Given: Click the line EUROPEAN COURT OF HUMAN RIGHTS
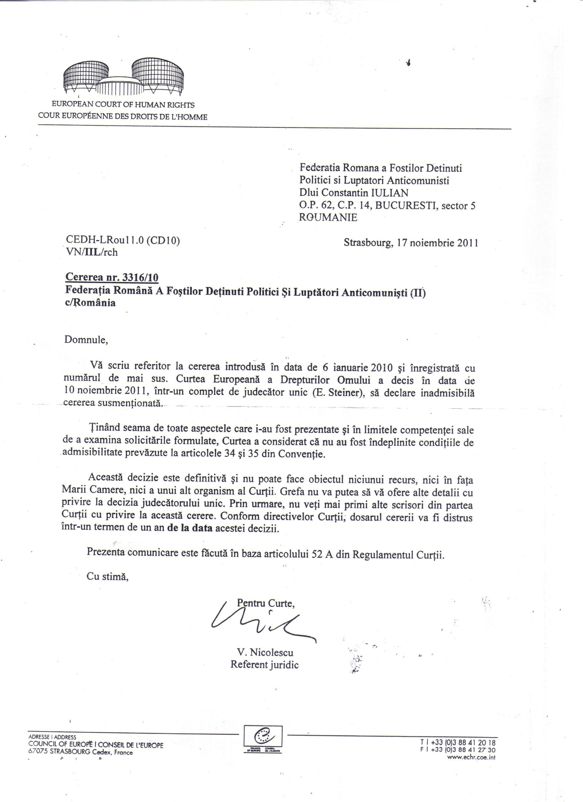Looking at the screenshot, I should click(123, 105).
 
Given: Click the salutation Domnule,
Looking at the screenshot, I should click(86, 340).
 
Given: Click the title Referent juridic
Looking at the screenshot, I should click(265, 665).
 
